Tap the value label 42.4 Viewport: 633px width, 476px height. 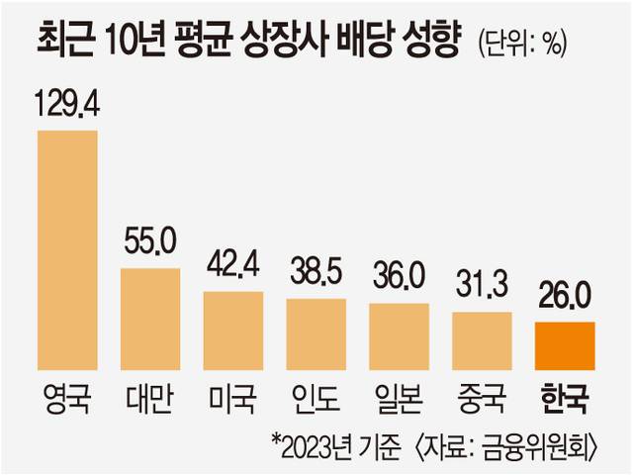(x=233, y=267)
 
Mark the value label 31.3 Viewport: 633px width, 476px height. (x=482, y=288)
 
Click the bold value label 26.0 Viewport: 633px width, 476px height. (x=565, y=298)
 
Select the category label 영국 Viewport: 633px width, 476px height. (x=67, y=402)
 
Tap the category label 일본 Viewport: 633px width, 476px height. (x=399, y=402)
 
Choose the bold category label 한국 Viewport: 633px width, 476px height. (x=565, y=402)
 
